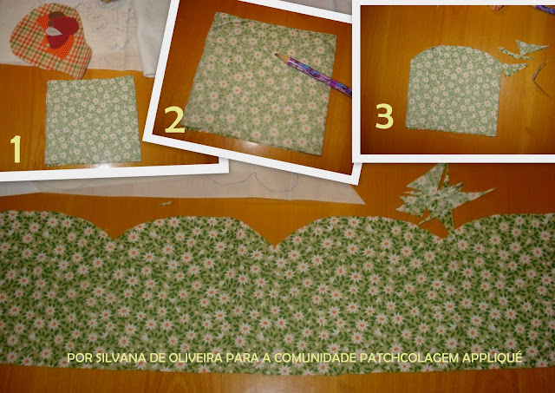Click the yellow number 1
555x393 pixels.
[x=16, y=149]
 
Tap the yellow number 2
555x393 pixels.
[x=174, y=120]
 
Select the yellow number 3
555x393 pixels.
[x=384, y=116]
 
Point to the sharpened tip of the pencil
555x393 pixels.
[x=276, y=54]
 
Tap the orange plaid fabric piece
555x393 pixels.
[x=50, y=40]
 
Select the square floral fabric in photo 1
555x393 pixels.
[x=93, y=121]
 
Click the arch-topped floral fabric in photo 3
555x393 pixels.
[x=454, y=90]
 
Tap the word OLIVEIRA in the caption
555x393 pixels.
[x=195, y=358]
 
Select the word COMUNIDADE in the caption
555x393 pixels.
[x=315, y=358]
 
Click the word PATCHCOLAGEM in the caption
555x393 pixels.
[x=409, y=358]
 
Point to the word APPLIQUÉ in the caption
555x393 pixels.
[x=493, y=357]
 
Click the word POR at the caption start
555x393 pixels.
[x=80, y=358]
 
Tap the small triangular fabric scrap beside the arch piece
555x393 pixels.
[x=513, y=69]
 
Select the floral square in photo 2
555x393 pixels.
[x=260, y=83]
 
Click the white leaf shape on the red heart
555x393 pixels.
[x=53, y=31]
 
